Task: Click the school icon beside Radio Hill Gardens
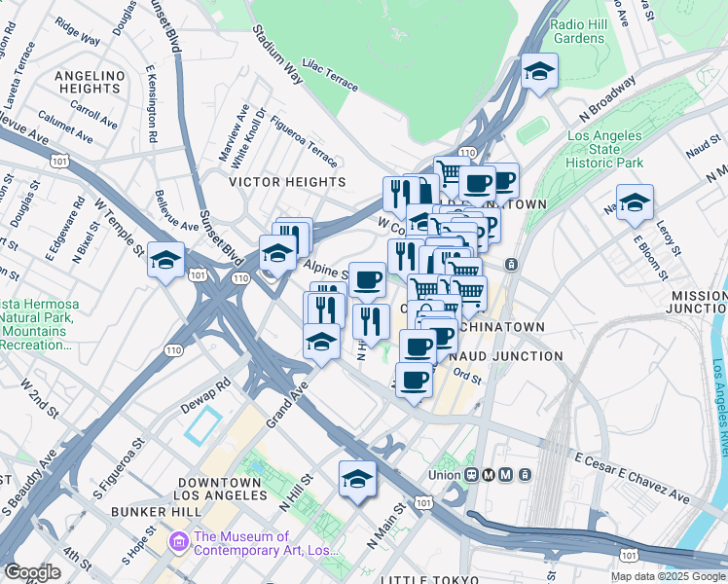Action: [x=539, y=71]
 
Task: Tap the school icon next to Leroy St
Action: [x=635, y=203]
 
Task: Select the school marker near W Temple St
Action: [x=166, y=260]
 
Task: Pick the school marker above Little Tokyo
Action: [x=357, y=479]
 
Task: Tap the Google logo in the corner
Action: [x=32, y=572]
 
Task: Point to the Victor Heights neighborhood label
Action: [x=286, y=182]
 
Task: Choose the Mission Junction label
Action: [x=698, y=302]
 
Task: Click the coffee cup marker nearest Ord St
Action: [x=415, y=379]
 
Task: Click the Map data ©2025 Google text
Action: [x=668, y=576]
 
